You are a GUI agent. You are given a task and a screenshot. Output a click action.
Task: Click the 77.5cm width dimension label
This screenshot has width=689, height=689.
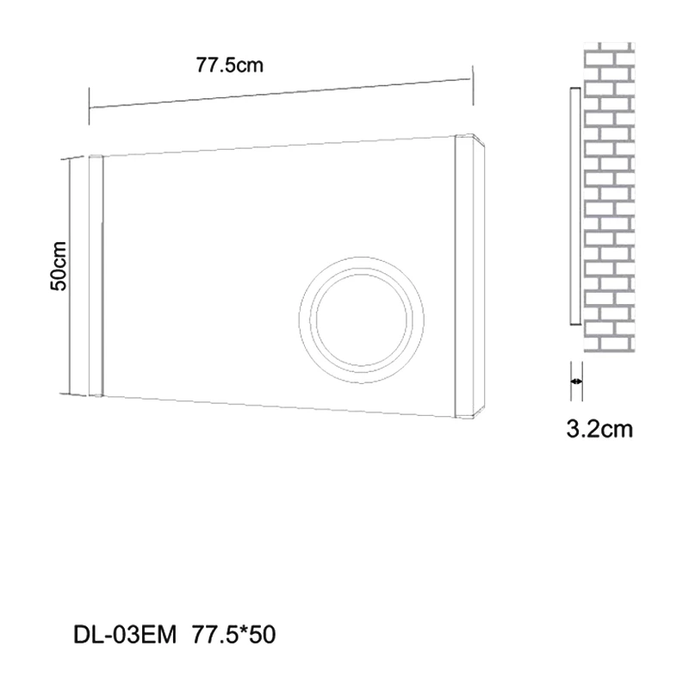click(x=227, y=65)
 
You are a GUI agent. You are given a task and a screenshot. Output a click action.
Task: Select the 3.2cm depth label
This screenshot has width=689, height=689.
click(x=600, y=428)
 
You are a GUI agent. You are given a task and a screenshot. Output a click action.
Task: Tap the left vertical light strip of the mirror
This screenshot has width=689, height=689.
click(x=96, y=275)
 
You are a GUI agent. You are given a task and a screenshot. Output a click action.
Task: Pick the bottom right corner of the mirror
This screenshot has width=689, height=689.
click(x=480, y=417)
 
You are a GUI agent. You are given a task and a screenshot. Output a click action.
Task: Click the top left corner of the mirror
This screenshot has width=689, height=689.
click(x=89, y=158)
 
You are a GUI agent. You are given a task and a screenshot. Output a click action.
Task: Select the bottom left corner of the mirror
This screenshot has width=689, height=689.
click(x=89, y=395)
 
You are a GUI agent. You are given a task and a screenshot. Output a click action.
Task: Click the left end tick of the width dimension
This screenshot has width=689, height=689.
click(x=90, y=97)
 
